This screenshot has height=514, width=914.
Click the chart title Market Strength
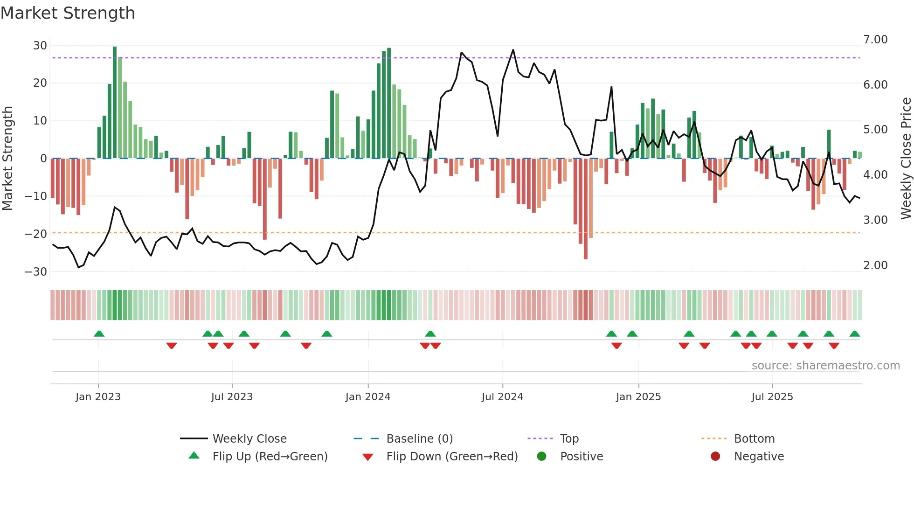click(68, 13)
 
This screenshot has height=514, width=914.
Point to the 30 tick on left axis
click(40, 46)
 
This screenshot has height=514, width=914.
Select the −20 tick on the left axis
click(36, 234)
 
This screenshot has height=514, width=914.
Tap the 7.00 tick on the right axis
click(875, 40)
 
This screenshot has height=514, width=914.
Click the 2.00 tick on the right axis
click(875, 265)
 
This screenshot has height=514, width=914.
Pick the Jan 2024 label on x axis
click(368, 397)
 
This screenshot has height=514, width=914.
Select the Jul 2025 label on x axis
click(772, 397)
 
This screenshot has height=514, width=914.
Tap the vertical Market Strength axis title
click(7, 159)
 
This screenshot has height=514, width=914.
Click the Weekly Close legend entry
click(249, 439)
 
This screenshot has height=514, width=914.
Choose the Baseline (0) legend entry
click(419, 439)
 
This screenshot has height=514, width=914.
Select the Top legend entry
click(569, 439)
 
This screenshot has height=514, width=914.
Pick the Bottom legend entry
click(754, 439)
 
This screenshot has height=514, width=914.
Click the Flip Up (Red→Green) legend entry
click(270, 457)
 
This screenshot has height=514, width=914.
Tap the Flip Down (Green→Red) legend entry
click(452, 457)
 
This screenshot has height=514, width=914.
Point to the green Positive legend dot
click(541, 457)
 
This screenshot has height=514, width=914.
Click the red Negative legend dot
click(715, 457)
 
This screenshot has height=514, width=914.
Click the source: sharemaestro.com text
click(825, 366)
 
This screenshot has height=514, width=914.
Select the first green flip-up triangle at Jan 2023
click(99, 334)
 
